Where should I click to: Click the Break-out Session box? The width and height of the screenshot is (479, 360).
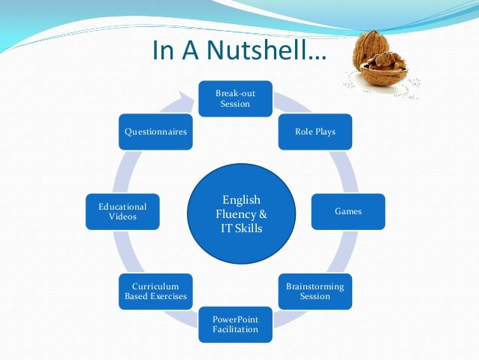click(x=235, y=98)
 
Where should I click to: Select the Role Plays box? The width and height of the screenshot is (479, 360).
click(x=315, y=132)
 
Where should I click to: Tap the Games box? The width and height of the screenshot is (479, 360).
click(x=348, y=211)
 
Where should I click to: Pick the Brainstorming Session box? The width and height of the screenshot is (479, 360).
click(x=315, y=291)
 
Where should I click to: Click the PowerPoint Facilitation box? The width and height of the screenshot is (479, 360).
click(x=235, y=324)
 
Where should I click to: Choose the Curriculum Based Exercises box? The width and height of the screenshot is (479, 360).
click(x=155, y=291)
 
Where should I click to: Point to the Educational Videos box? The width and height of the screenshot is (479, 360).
click(x=122, y=211)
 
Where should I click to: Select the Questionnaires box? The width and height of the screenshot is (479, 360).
click(x=155, y=132)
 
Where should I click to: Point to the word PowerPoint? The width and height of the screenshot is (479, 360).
click(x=235, y=319)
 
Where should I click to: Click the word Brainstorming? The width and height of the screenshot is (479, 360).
click(x=315, y=286)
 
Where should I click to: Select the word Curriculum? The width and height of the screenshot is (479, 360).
click(x=155, y=286)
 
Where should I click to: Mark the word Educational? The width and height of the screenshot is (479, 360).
click(x=122, y=206)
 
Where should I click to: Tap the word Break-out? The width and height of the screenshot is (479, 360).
click(x=235, y=92)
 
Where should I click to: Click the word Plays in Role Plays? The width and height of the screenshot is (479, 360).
click(x=324, y=132)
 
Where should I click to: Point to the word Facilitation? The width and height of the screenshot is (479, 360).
click(x=235, y=329)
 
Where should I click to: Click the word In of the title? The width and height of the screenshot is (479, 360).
click(x=162, y=51)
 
